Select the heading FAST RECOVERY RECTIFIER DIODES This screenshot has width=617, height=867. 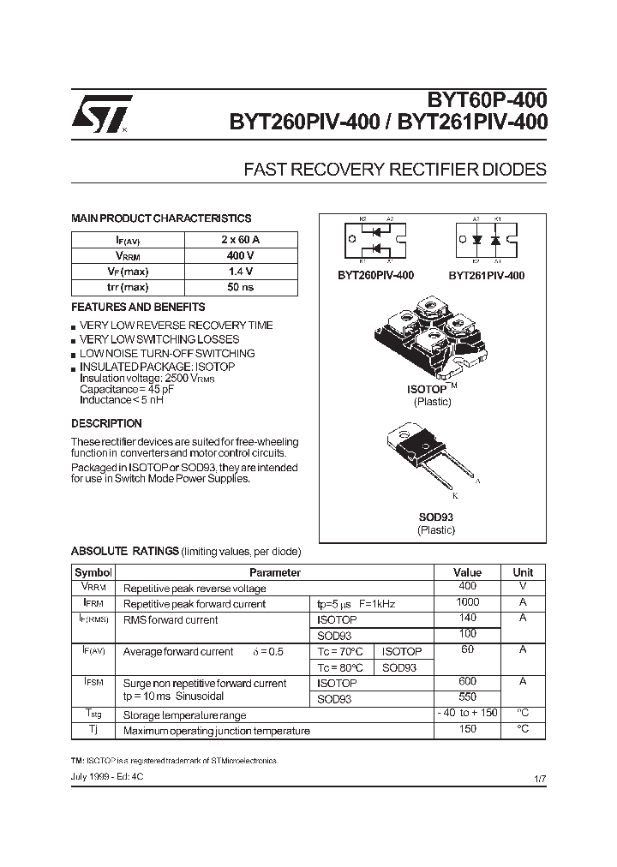click(x=395, y=170)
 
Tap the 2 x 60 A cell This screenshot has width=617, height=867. click(x=240, y=240)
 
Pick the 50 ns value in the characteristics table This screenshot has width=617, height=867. click(x=240, y=287)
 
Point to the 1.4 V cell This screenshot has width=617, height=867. click(x=240, y=272)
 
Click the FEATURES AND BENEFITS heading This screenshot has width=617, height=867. click(x=138, y=307)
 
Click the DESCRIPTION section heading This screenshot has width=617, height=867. click(x=106, y=423)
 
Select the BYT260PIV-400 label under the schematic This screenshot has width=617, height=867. click(x=375, y=276)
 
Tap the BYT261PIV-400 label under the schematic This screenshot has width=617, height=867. click(x=486, y=276)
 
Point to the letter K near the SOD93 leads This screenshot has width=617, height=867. click(x=455, y=496)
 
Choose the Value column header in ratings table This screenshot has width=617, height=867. click(x=467, y=572)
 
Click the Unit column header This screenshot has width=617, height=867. click(x=523, y=572)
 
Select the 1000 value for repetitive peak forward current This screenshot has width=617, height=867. click(x=467, y=603)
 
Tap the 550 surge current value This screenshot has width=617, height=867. click(x=467, y=698)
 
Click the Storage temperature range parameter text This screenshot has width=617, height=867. click(x=184, y=715)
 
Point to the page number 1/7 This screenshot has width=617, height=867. click(x=539, y=778)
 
